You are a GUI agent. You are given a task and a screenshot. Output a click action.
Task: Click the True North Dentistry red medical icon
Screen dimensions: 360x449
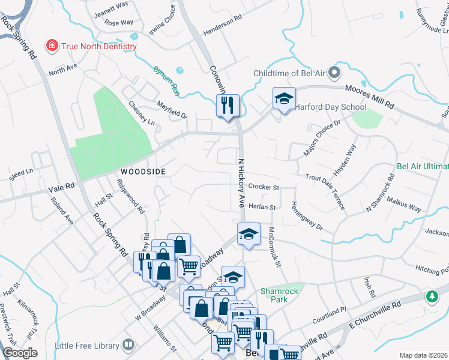click(52, 46)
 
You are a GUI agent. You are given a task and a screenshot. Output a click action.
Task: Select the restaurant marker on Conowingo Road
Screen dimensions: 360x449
click(228, 106)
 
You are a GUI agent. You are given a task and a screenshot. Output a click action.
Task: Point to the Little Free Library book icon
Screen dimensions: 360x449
click(128, 345)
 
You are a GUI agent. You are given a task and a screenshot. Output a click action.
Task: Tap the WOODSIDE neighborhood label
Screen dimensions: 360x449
click(143, 171)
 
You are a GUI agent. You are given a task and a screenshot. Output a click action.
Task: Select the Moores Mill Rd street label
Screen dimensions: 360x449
click(369, 95)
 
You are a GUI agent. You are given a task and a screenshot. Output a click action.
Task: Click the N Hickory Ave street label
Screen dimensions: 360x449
click(242, 179)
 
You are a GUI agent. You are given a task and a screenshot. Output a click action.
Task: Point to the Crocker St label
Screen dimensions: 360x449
click(264, 188)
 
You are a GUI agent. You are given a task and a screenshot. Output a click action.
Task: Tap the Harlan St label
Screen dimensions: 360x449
click(262, 207)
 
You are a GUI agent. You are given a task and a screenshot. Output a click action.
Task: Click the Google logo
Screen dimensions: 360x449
click(20, 353)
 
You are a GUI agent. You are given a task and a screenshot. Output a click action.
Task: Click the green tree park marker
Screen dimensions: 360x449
click(432, 296)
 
